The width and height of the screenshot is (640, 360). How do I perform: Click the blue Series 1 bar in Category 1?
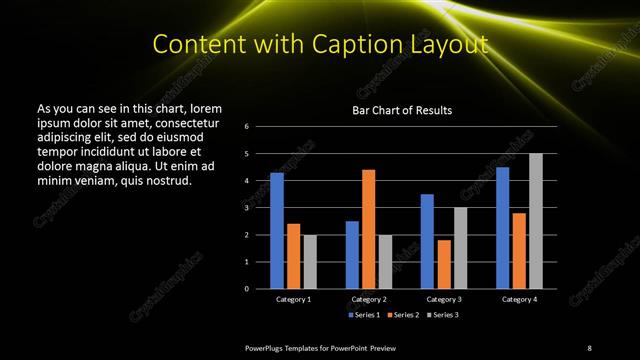coord(277,231)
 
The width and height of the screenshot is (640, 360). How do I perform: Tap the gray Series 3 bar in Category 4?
coord(536,221)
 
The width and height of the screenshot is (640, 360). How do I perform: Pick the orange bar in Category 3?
coord(444,264)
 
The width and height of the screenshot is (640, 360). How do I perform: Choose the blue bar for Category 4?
coord(503,228)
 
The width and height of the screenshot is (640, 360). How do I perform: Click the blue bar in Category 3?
coord(427,241)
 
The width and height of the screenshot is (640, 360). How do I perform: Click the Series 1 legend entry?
coord(363,315)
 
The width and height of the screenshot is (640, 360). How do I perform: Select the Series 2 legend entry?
coord(404,315)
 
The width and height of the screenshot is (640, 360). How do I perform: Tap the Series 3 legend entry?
coord(444,315)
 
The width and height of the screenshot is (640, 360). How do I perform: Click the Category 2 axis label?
coord(368,299)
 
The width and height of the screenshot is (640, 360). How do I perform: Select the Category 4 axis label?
coord(519,299)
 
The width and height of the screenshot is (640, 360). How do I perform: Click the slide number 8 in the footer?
coord(589,347)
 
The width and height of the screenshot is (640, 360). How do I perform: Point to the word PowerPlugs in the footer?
coord(267,347)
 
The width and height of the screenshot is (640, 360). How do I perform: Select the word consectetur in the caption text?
coord(184,121)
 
